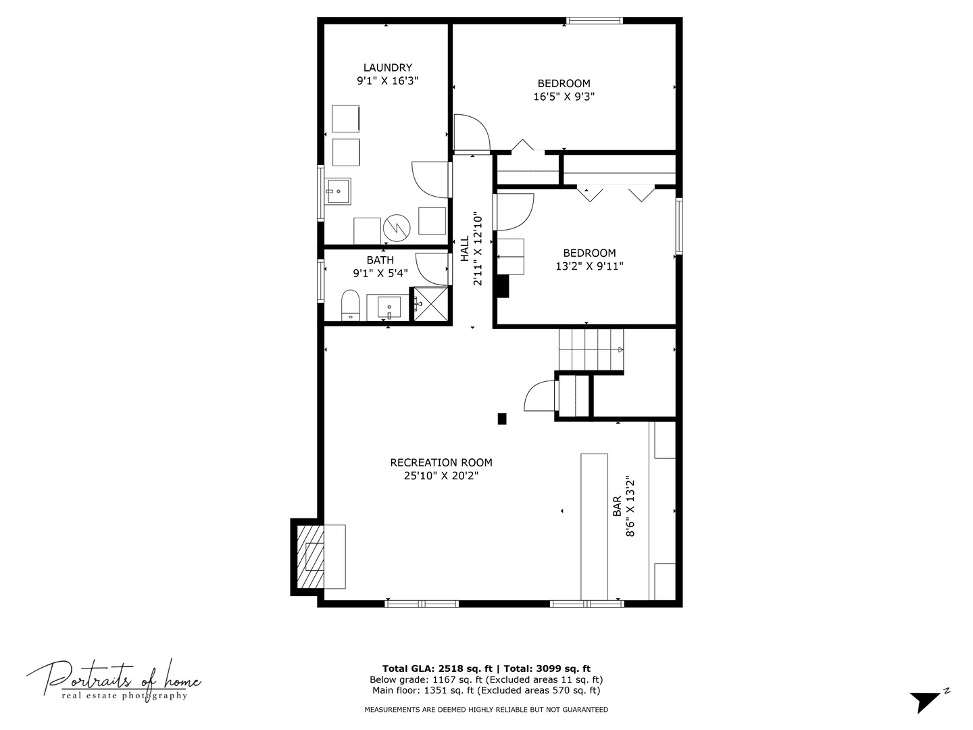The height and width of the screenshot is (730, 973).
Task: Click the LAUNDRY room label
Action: point(387,68)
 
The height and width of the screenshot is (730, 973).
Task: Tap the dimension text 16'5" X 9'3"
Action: point(564,97)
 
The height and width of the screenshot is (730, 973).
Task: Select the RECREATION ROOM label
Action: point(441,463)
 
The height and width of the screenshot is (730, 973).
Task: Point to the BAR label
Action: point(617,506)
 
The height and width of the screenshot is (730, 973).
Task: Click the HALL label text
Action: point(465,249)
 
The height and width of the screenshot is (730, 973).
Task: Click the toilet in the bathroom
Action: point(350,305)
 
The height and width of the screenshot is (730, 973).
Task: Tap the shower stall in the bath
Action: point(431,304)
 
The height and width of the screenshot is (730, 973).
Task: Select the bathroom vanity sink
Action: point(389,308)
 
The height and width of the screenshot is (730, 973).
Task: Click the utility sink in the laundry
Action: point(338,191)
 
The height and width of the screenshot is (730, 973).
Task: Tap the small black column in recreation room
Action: point(502,419)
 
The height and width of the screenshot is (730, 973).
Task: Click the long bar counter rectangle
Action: point(594,526)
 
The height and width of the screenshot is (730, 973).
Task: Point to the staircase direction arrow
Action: point(620,349)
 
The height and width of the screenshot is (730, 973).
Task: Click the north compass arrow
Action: point(927,701)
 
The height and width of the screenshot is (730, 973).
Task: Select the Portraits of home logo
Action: point(114,679)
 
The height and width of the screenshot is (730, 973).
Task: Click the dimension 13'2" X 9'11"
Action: point(589,266)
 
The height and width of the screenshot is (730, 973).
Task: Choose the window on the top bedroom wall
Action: point(594,21)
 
